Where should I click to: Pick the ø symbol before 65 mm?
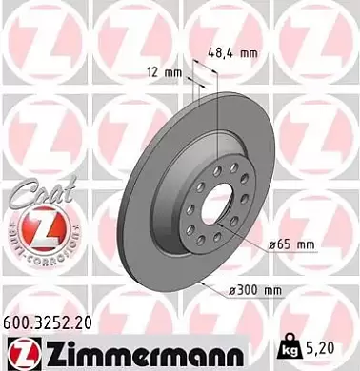click(270, 245)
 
